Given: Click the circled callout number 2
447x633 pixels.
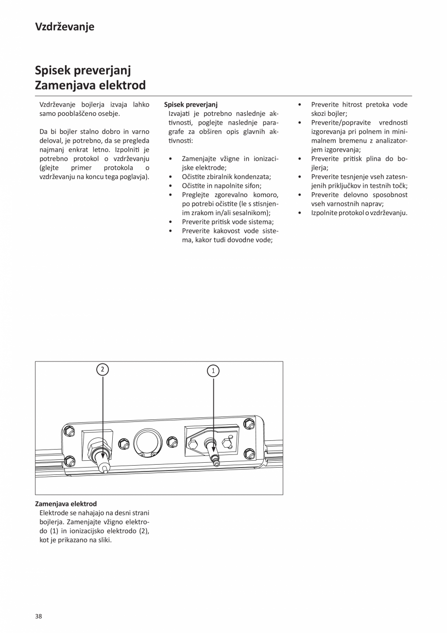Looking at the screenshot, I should click(102, 369).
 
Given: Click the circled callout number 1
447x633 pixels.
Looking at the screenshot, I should click(213, 371).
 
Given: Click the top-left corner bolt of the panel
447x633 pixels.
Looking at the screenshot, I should click(69, 431).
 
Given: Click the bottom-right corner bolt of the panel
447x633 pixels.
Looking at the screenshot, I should click(249, 454).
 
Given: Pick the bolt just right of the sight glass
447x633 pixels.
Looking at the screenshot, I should click(172, 442).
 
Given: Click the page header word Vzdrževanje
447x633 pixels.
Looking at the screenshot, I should click(65, 27).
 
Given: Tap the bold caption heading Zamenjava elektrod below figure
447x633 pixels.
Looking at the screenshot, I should click(66, 504).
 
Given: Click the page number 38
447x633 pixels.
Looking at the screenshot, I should click(38, 616).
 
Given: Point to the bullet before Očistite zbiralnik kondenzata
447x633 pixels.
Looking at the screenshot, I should click(171, 177).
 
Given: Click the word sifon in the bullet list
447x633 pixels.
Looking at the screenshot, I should click(253, 186).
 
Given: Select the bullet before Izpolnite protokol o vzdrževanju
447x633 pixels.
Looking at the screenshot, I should click(300, 213).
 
